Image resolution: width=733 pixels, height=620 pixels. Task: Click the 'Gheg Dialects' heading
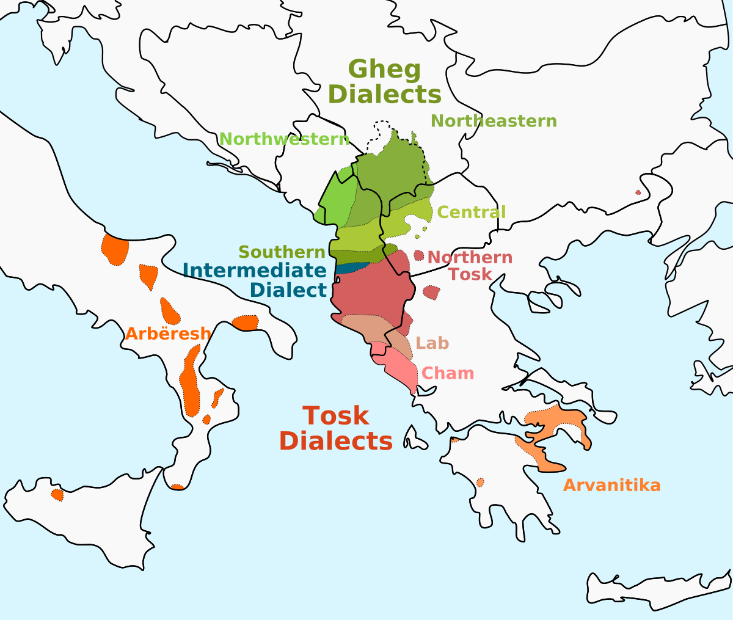385,82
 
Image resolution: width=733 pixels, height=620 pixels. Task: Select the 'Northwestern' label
284,139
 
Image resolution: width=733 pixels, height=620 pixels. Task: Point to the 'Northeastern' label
494,121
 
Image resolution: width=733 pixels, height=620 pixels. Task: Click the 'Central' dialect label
472,213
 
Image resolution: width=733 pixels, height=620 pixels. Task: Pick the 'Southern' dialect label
282,252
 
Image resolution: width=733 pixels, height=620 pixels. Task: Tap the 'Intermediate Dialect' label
255,279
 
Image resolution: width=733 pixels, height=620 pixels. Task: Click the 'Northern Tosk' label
470,266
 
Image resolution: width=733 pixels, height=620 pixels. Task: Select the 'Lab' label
432,343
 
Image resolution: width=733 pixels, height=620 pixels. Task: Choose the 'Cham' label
448,373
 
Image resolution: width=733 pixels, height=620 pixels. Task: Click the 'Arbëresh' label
168,334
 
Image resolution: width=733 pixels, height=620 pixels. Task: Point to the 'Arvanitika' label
611,485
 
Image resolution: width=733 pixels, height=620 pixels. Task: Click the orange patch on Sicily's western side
57,494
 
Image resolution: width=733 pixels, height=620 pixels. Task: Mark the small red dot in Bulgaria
638,192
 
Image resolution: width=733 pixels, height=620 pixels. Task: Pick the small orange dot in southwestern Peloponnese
480,483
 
